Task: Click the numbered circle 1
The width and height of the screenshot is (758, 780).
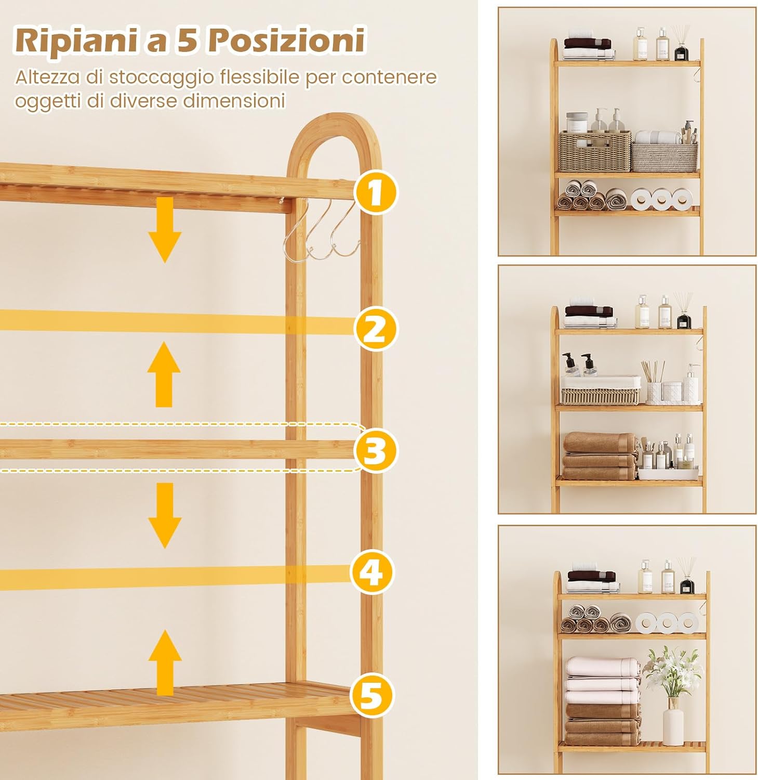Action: pyautogui.click(x=375, y=192)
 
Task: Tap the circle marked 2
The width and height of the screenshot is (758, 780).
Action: pyautogui.click(x=375, y=329)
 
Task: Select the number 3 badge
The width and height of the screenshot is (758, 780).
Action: pyautogui.click(x=375, y=450)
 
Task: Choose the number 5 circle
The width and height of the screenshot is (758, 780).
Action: pyautogui.click(x=371, y=695)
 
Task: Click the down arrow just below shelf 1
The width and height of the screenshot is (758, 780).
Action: pyautogui.click(x=165, y=229)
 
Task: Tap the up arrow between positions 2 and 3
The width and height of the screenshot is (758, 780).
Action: pyautogui.click(x=164, y=374)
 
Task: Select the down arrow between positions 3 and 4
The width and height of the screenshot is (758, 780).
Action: pyautogui.click(x=165, y=515)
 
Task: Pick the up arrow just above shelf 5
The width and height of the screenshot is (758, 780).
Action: pyautogui.click(x=165, y=662)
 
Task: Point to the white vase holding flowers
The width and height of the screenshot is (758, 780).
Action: pyautogui.click(x=673, y=722)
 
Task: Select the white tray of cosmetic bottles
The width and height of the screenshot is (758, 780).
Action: pyautogui.click(x=668, y=473)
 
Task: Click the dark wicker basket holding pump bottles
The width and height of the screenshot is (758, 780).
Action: pyautogui.click(x=594, y=151)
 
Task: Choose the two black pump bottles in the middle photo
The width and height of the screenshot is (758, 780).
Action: pyautogui.click(x=579, y=365)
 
